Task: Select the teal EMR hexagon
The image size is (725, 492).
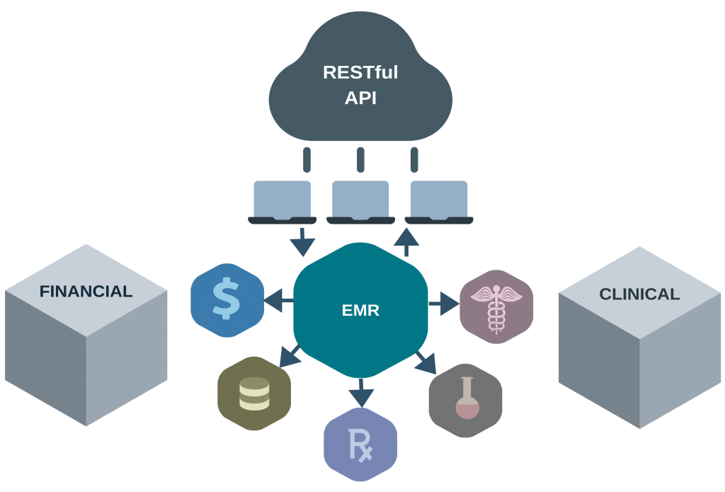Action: [x=360, y=309]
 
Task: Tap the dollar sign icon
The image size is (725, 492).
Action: [x=227, y=300]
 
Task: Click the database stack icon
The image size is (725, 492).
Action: [x=254, y=394]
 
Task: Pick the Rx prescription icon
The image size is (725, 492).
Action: [x=360, y=447]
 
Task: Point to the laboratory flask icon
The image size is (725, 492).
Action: [x=465, y=399]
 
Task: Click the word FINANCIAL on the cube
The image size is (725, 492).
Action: [x=86, y=291]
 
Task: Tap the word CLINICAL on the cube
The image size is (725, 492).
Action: [x=639, y=294]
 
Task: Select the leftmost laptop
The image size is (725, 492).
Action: [x=282, y=202]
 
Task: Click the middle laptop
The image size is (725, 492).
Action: [x=360, y=202]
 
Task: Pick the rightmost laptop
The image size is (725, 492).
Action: [x=439, y=202]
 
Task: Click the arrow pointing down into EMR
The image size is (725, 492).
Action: [x=303, y=242]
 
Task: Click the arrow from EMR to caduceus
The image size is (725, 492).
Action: [x=444, y=305]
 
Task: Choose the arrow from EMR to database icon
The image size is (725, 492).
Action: [x=290, y=355]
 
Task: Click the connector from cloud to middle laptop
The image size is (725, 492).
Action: [x=360, y=159]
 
